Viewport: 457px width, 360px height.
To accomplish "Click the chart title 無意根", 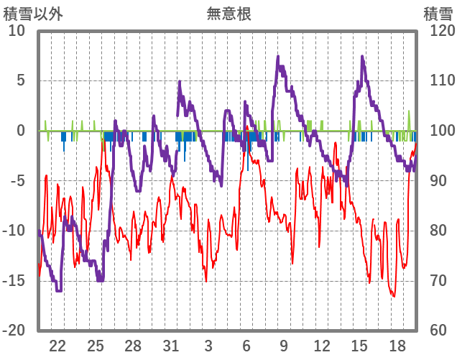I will point(228,13).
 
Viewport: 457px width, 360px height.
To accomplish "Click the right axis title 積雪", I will point(437,13).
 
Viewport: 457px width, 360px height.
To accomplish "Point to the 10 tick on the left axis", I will point(17,31).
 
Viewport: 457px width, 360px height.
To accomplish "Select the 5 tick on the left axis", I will point(21,80).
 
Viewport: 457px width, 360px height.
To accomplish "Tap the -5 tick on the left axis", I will point(18,180).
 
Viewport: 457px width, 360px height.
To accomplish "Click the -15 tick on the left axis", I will point(14,280).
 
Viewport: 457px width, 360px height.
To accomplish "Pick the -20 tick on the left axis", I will point(14,331).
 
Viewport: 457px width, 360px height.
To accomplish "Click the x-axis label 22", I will point(57,346).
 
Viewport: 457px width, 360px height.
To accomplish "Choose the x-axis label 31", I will point(171,346).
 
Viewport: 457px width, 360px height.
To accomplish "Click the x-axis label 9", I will point(284,346).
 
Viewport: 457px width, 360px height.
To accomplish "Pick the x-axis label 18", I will point(397,346).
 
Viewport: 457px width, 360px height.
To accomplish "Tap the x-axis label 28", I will point(133,346).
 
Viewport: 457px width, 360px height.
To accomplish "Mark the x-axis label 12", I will point(322,346).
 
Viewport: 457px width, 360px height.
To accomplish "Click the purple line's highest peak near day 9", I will point(278,56).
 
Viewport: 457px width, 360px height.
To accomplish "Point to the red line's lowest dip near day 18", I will point(394,296).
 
